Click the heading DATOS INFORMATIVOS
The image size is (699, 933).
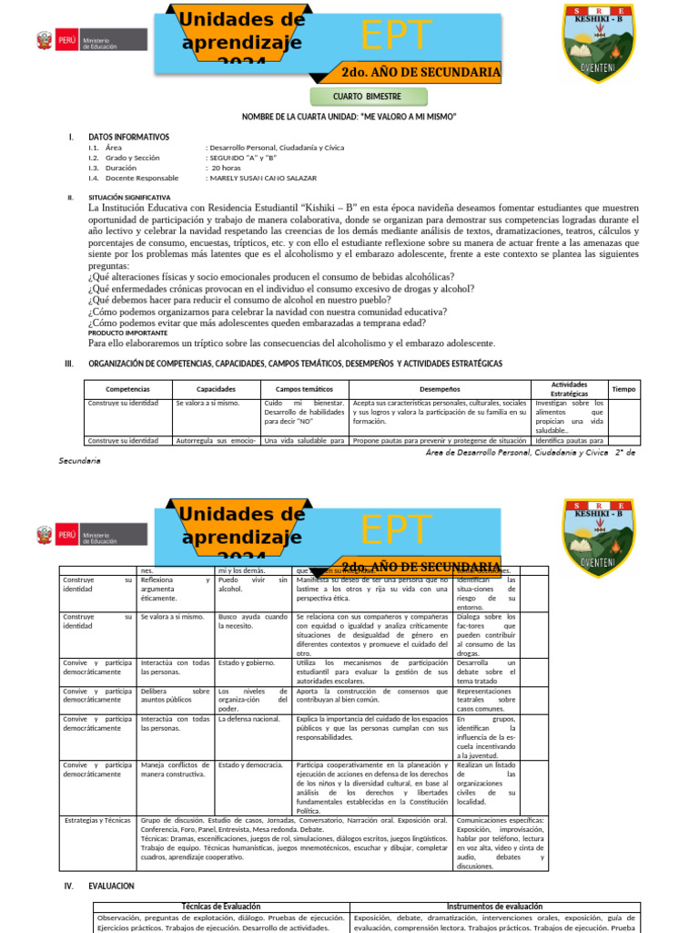(x=128, y=137)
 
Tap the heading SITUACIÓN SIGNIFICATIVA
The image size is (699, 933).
(x=128, y=197)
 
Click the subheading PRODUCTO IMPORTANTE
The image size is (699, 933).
(x=127, y=333)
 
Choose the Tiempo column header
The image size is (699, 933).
(x=624, y=389)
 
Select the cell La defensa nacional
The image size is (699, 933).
(x=250, y=719)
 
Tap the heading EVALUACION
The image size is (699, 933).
(x=111, y=886)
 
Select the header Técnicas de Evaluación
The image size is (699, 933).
(x=221, y=907)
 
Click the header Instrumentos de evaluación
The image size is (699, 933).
(x=495, y=907)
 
